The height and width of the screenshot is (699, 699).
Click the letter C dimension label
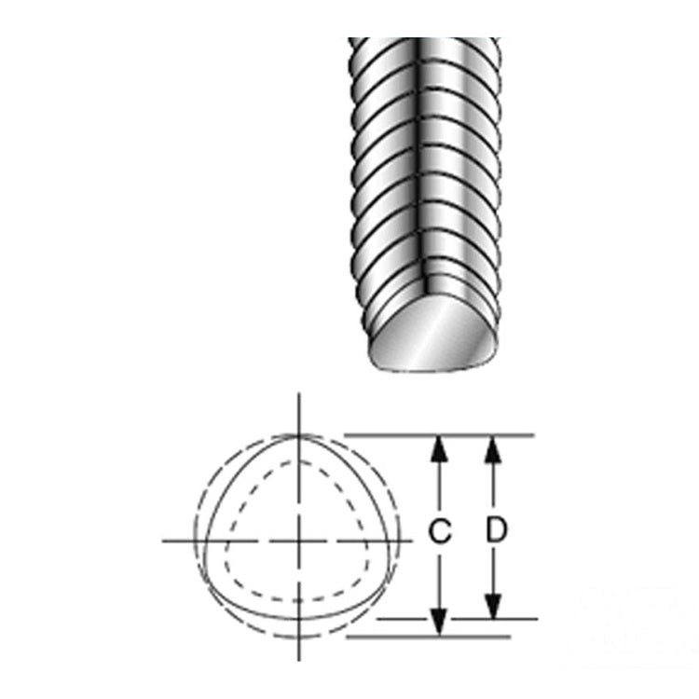440,530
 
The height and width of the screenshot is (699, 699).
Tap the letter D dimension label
496,529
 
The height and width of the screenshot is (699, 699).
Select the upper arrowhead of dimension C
440,449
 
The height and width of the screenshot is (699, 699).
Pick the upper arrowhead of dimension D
493,449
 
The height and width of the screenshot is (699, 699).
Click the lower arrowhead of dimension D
493,606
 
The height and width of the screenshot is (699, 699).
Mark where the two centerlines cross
298,541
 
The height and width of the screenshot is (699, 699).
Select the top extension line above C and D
440,434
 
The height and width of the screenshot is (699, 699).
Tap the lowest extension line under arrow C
429,637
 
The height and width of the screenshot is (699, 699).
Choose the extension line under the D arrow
458,619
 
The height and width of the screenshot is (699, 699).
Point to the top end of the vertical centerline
298,394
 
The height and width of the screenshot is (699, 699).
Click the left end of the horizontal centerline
163,541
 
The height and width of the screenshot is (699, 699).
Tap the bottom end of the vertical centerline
298,661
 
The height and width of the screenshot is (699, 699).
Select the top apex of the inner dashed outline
298,462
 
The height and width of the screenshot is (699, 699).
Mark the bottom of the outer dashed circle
298,637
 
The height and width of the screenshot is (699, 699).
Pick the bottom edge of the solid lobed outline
298,619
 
